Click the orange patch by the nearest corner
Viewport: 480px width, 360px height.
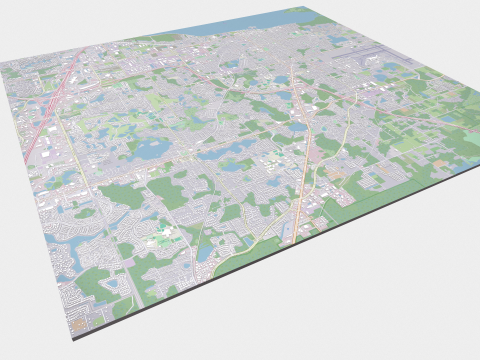[77, 323]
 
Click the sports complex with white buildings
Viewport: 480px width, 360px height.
[165, 236]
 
